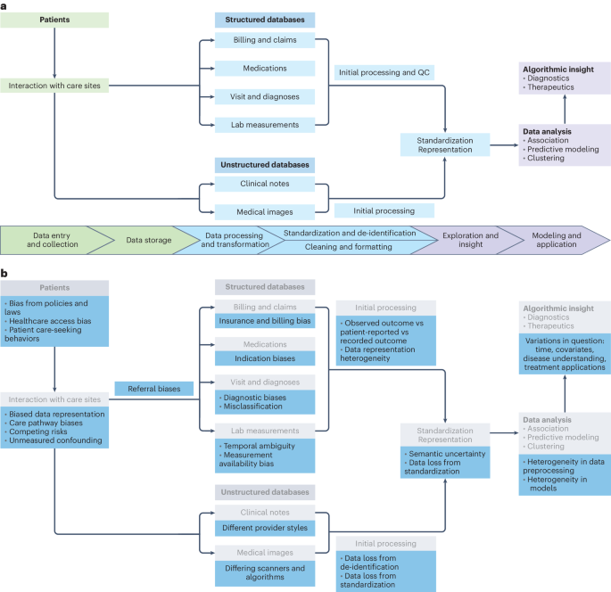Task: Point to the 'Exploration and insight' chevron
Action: point(467,240)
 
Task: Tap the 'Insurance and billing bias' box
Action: point(266,320)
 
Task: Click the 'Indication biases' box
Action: point(266,358)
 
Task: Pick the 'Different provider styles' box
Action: point(266,527)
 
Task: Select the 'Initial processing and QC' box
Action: point(384,72)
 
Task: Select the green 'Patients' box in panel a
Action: point(54,19)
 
